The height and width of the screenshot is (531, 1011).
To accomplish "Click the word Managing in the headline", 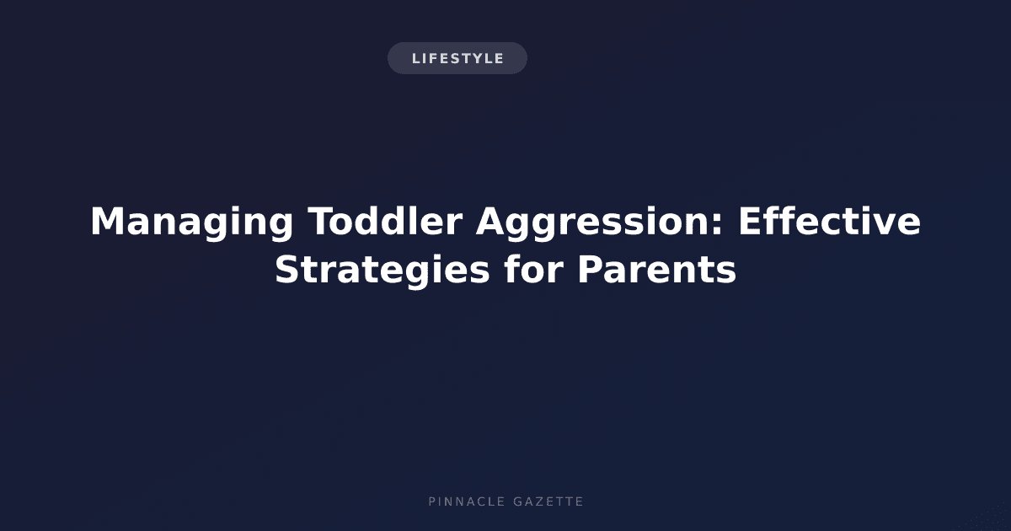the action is [x=192, y=223].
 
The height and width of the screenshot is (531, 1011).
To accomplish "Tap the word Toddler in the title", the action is [x=386, y=221].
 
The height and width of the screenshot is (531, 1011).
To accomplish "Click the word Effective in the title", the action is [x=830, y=221].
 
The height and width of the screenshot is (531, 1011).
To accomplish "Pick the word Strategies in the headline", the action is [x=382, y=271].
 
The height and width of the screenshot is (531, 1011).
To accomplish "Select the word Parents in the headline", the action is [x=657, y=270].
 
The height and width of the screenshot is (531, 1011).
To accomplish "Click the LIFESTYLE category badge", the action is [x=457, y=58].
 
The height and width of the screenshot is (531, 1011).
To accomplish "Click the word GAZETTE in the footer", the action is [x=548, y=501].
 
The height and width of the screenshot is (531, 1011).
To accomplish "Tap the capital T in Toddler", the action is [x=322, y=222].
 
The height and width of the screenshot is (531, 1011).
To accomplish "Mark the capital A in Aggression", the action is [x=491, y=222].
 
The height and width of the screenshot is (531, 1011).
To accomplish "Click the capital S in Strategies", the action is [x=287, y=270].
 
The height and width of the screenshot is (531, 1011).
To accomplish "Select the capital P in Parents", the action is [x=591, y=270].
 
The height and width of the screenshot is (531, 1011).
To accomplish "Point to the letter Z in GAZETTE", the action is [x=538, y=501].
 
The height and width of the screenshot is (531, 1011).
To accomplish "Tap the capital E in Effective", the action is [x=750, y=222].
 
